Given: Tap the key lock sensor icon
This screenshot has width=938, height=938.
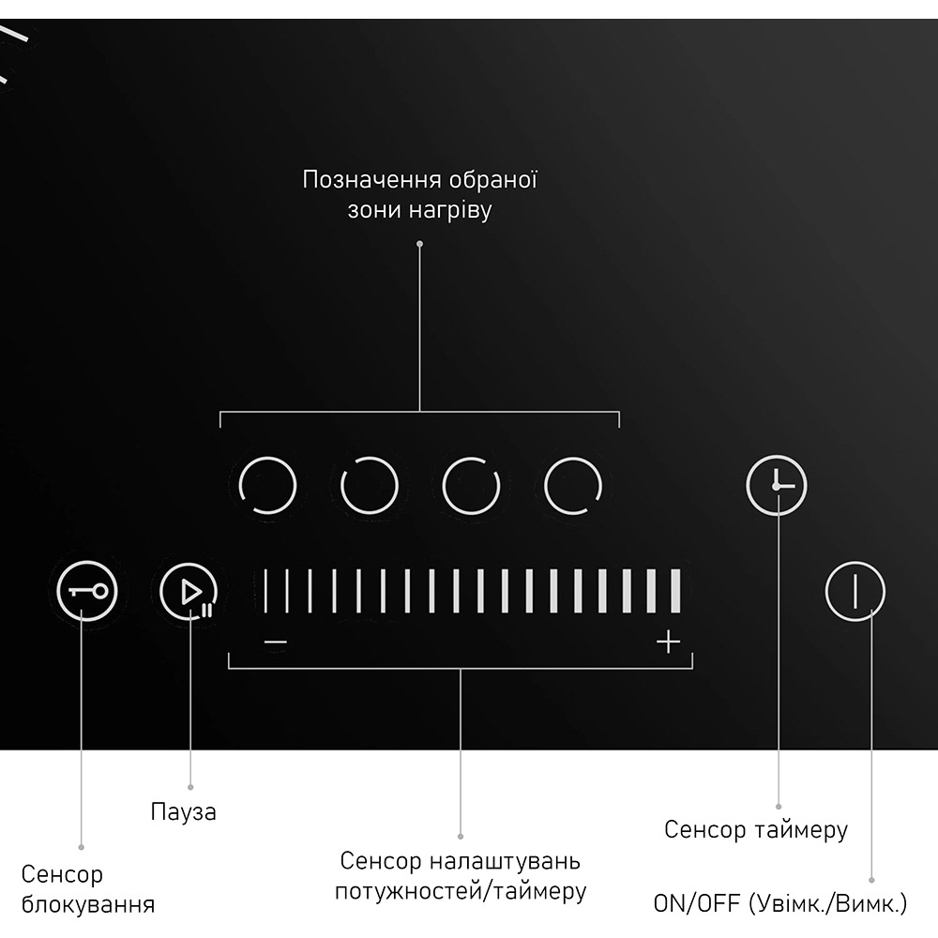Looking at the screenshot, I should pos(87,592).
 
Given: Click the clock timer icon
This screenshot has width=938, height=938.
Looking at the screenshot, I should pos(777,487).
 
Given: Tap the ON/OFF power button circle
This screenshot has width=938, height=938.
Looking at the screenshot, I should pos(855,592).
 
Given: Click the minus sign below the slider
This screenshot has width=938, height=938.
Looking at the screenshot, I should pos(275,643).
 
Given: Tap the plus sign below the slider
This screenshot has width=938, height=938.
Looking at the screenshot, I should pos(668,643).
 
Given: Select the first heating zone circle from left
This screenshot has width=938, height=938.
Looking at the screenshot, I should pos(268,486).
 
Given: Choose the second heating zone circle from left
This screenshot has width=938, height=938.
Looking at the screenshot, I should pos(370,486).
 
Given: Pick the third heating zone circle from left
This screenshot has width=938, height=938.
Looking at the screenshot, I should pos(471,486).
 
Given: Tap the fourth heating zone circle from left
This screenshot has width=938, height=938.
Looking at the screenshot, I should pos(573,486).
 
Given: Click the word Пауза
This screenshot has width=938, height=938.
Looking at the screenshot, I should pos(183,811).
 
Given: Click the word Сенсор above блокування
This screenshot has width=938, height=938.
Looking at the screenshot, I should pos(62,875).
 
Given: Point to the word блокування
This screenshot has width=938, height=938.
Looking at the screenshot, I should pos(87,905).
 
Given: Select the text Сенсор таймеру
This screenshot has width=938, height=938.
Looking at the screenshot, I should pos(756,829).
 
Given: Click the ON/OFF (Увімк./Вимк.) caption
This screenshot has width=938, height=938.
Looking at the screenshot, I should pos(780,905).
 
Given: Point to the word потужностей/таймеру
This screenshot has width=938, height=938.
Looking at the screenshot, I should pos(461,891).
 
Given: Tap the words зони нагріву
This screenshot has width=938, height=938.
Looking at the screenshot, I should pos(419,210).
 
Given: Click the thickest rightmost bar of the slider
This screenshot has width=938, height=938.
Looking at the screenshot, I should pos(675,590).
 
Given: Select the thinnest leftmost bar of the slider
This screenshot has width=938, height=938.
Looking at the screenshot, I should pos(265,590).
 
